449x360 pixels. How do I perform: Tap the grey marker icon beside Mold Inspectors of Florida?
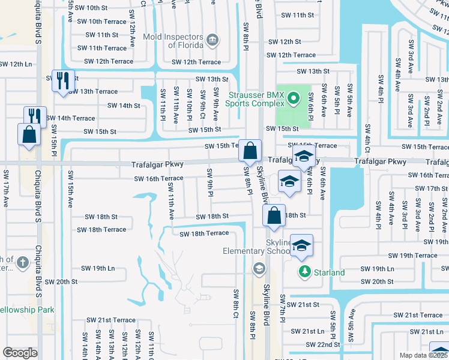[212, 40]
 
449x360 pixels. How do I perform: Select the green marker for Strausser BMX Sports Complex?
[293, 98]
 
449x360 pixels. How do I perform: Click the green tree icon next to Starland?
[304, 272]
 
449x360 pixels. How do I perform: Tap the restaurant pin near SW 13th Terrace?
[63, 80]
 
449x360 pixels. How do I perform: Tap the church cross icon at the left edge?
[22, 262]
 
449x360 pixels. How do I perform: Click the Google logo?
[20, 353]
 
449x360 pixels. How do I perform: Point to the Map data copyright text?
[424, 355]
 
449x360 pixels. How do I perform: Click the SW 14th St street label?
[124, 106]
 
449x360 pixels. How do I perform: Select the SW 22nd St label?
[323, 344]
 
